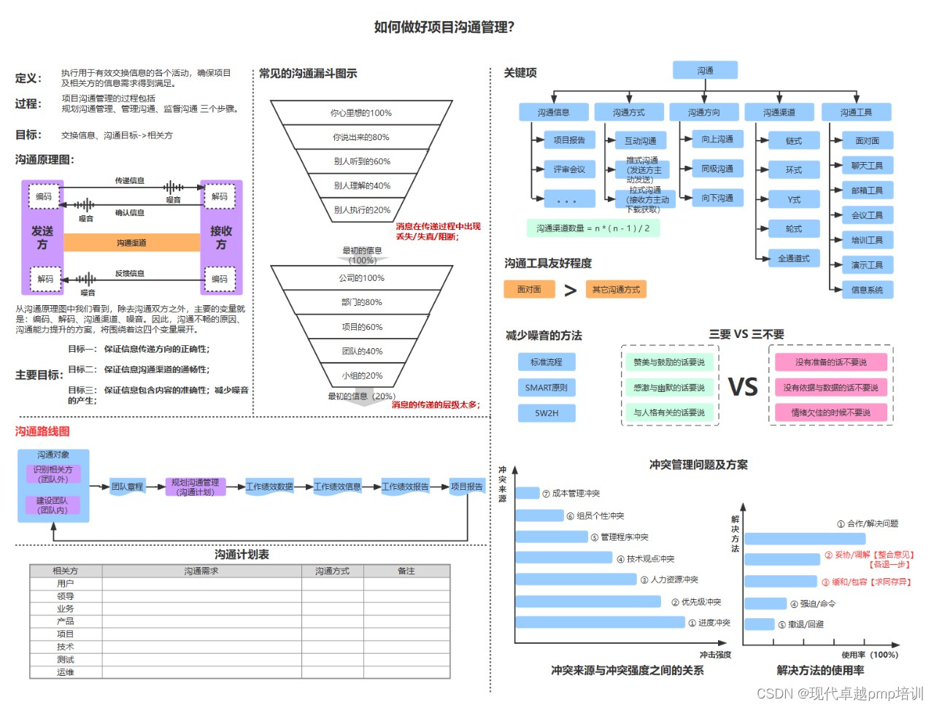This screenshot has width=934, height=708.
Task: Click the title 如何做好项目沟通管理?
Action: [x=444, y=27]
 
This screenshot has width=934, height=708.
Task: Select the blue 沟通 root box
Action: [x=705, y=70]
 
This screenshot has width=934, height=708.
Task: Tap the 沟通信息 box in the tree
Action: [x=553, y=112]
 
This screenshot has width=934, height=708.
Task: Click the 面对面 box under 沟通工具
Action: [x=867, y=140]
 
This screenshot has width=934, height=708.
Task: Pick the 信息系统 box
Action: [x=867, y=290]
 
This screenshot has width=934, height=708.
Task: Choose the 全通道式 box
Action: [x=793, y=258]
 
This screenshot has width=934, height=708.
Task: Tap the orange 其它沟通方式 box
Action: [x=616, y=290]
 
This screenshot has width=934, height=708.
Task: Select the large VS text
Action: [x=743, y=387]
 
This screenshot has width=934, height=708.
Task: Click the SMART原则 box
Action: [x=546, y=388]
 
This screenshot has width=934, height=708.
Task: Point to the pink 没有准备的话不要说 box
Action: [x=830, y=362]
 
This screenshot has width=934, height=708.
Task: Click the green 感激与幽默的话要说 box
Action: [x=669, y=388]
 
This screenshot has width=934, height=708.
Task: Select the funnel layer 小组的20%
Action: [x=362, y=375]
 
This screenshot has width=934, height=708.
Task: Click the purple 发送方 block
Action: [x=42, y=237]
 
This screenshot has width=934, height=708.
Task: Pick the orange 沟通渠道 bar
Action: [x=131, y=242]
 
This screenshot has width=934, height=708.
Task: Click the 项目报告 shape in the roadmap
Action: [x=467, y=486]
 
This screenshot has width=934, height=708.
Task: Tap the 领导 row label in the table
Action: [x=66, y=596]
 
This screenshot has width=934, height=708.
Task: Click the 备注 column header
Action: [x=406, y=571]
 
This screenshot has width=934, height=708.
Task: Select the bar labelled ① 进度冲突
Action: [x=600, y=623]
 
